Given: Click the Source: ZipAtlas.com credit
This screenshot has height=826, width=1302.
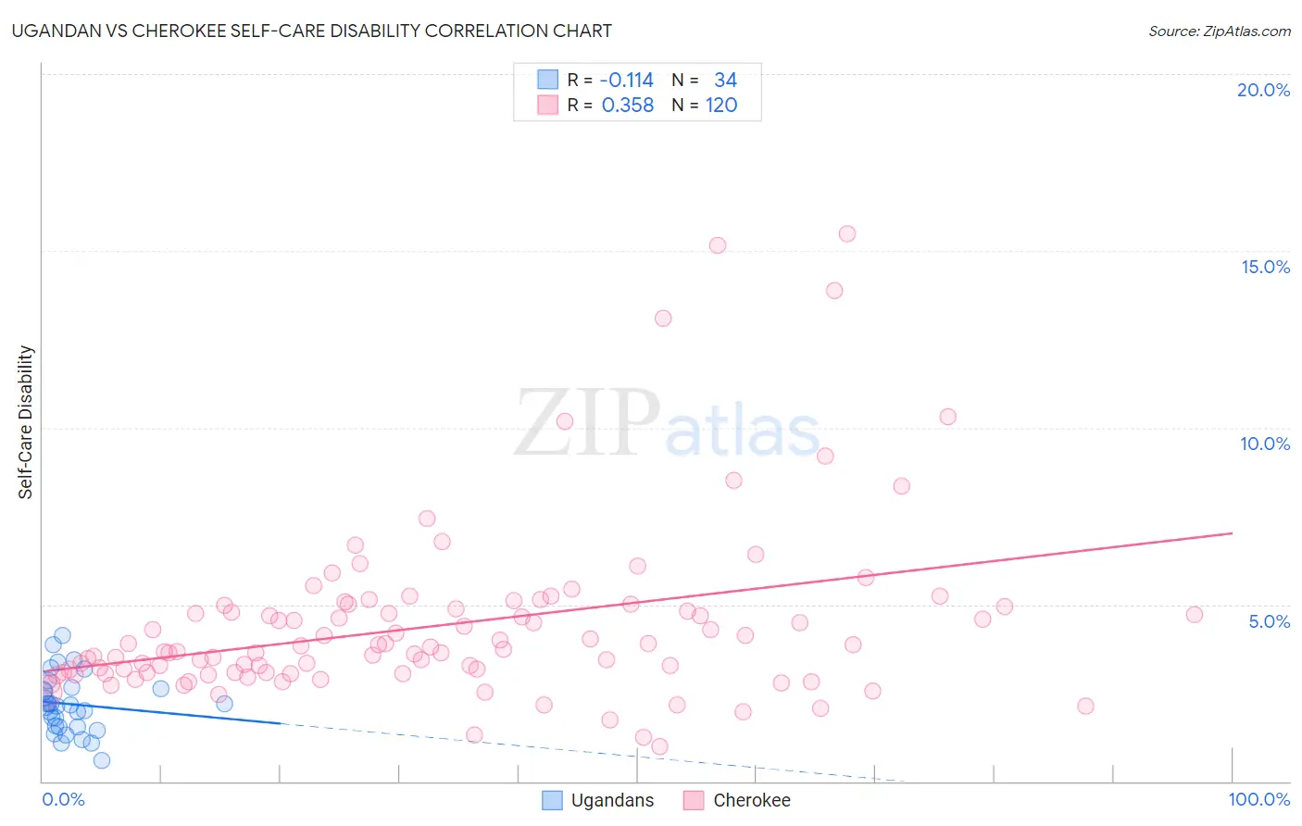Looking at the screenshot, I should tap(1219, 31).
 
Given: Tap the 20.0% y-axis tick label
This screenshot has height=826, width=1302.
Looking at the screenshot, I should tap(1263, 90).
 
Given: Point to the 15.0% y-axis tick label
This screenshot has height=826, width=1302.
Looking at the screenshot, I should tap(1265, 267).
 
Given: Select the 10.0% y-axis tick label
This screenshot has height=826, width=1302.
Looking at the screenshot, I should tap(1265, 444).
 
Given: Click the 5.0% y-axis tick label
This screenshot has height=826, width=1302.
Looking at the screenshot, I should tap(1269, 621).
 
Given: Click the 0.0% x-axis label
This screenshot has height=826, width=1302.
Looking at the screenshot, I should tap(63, 799).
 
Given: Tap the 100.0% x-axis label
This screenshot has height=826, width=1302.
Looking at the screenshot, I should tap(1258, 799).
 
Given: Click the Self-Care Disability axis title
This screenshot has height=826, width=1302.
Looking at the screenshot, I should tap(26, 422).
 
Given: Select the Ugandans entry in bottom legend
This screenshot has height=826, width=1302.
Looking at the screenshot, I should tap(611, 800).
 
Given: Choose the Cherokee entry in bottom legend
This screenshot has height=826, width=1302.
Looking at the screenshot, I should tap(751, 800).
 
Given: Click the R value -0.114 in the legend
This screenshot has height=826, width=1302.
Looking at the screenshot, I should tap(627, 81).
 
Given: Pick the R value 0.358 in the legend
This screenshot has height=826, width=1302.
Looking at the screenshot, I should tap(628, 106).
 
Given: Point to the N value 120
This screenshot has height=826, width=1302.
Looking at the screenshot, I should tap(721, 106).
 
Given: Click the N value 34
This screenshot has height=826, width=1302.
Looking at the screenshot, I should tap(725, 81).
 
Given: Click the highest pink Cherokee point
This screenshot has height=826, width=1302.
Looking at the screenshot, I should tap(847, 233).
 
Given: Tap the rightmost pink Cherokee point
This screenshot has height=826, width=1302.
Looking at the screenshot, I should tap(1195, 615).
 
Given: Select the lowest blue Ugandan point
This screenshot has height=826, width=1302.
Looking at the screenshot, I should tap(102, 760).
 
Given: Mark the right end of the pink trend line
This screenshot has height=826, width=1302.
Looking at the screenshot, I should tap(1232, 533).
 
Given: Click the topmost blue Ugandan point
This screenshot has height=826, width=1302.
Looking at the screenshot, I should tap(62, 635).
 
